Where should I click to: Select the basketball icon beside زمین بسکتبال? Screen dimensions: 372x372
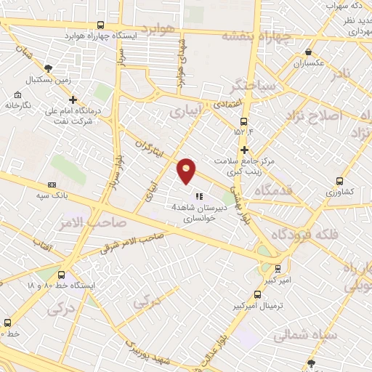[x=49, y=68]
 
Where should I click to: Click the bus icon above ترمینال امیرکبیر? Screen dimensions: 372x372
[x=256, y=294]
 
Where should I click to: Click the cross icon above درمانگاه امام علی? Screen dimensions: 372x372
[x=72, y=100]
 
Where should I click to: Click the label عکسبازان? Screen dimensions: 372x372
[x=310, y=64]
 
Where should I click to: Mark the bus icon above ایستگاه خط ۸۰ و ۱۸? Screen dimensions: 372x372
[x=61, y=275]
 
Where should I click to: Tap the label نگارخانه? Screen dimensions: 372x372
[x=17, y=105]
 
